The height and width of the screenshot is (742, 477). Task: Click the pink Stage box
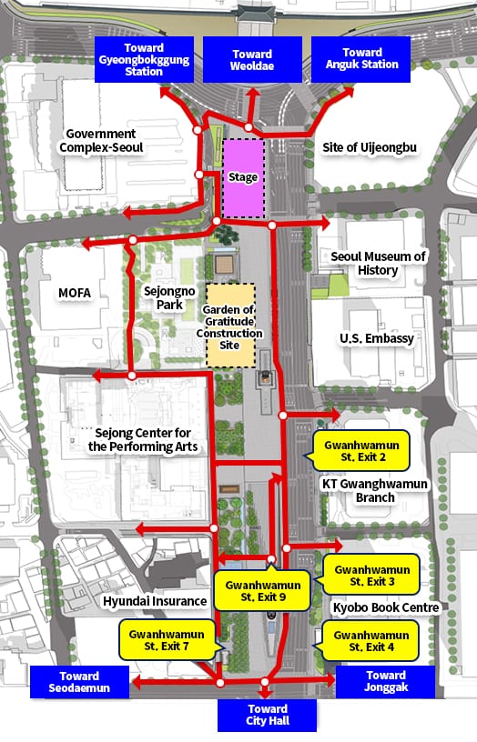pos(243,178)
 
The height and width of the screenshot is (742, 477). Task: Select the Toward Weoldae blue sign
pos(251,59)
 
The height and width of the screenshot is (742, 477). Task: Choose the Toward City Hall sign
pos(267,715)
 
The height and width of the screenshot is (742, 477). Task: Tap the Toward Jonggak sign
pos(385,682)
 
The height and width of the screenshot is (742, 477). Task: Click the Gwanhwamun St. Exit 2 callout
pos(361,449)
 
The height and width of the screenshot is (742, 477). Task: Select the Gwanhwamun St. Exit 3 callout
pos(370,575)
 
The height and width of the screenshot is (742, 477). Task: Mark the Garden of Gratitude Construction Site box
pos(230,326)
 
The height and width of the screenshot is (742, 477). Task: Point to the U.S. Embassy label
pos(377,338)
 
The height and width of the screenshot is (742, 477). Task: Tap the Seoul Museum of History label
pos(378,264)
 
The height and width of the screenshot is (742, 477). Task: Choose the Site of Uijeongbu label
pos(370,147)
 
